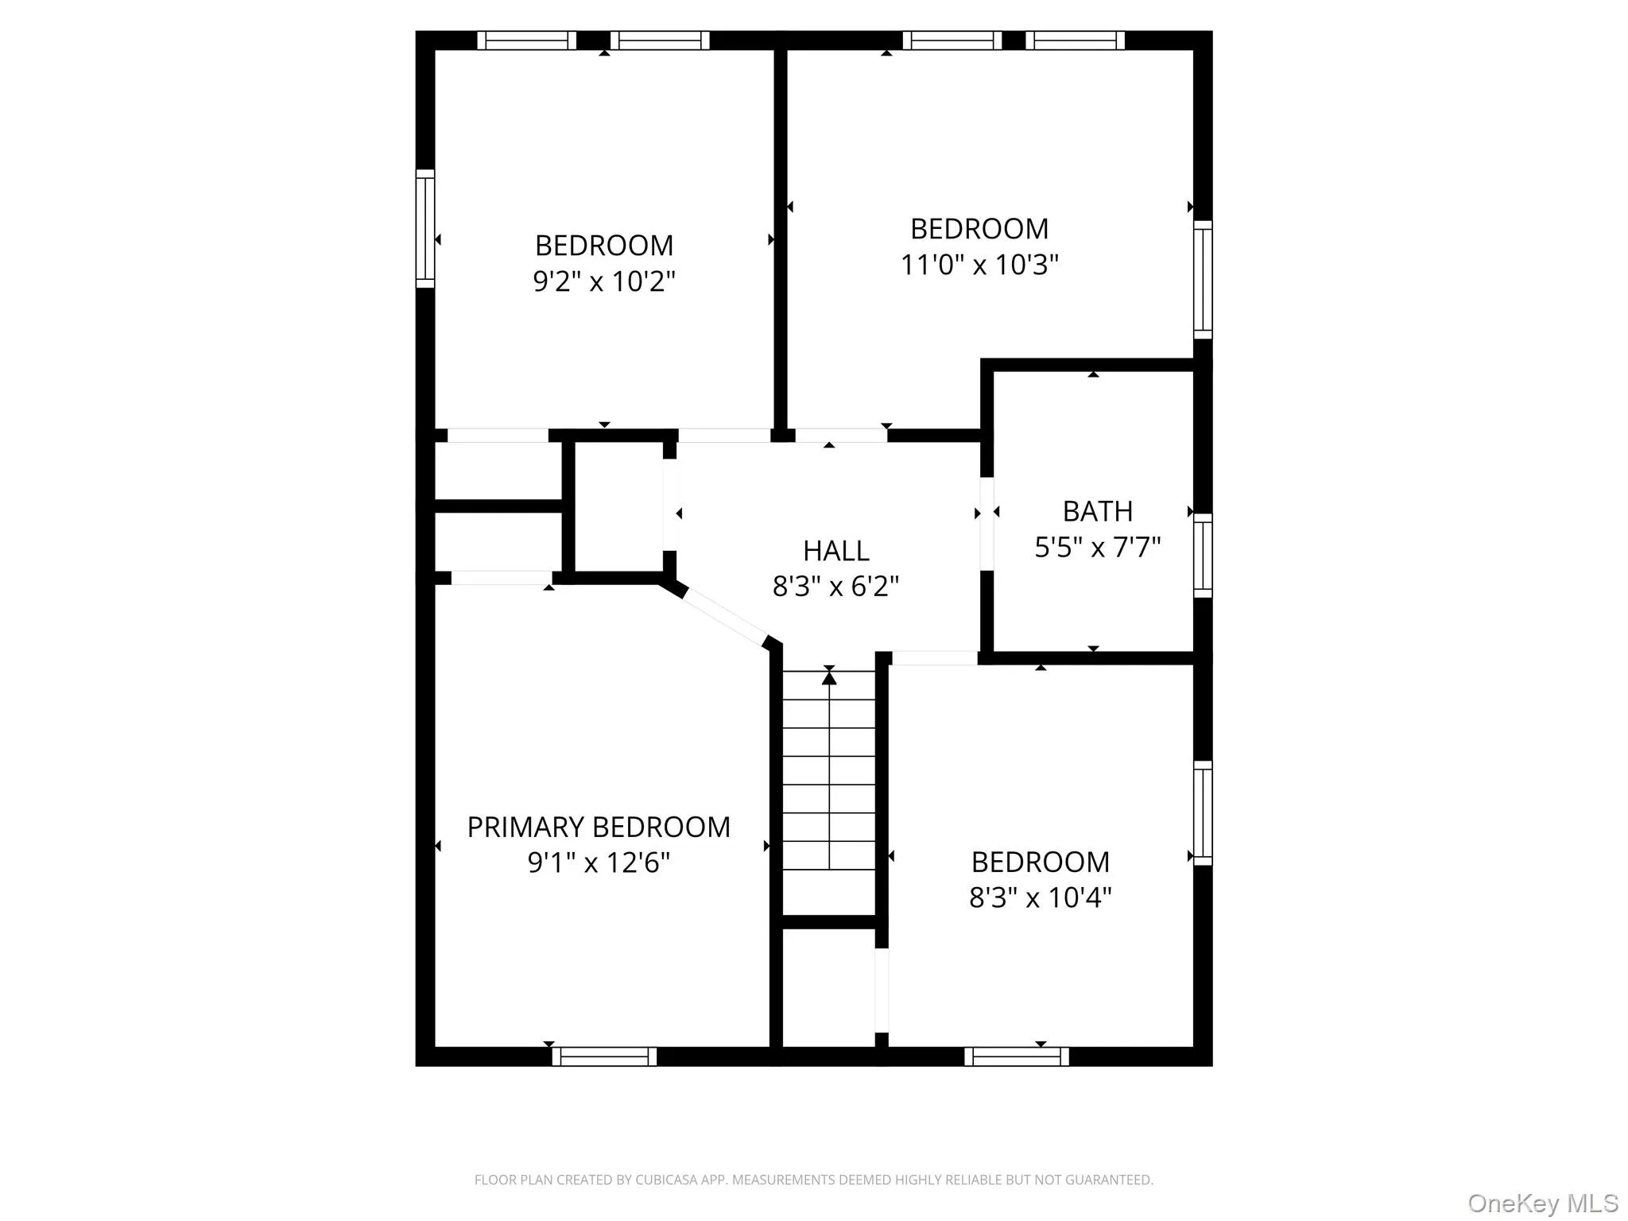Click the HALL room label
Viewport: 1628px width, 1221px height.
point(835,550)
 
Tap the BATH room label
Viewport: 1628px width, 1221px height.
point(1097,511)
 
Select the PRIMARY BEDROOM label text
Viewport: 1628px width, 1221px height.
point(598,828)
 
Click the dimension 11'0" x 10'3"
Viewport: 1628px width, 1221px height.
point(979,265)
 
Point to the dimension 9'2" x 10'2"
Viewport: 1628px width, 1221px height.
point(604,281)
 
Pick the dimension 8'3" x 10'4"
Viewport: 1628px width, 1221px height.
point(1040,897)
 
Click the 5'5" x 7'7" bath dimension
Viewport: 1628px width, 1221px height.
point(1097,548)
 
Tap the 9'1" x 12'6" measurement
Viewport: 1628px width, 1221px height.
point(599,862)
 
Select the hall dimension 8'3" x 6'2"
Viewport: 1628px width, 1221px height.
point(835,587)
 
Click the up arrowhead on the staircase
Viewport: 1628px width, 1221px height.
point(829,678)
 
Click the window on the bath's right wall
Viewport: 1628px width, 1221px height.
point(1203,555)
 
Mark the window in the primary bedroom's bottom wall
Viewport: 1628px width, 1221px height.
point(604,1056)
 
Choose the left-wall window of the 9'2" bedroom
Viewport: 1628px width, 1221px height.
point(425,229)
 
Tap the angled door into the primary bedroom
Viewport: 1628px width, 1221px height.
point(723,617)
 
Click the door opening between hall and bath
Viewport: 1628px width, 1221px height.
point(986,523)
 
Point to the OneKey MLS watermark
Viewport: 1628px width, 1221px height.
point(1543,1204)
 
